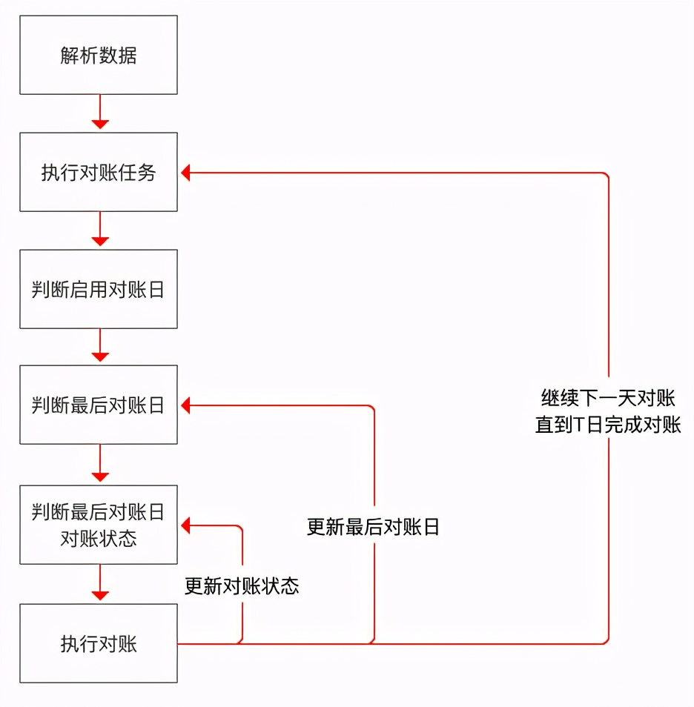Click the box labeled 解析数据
click(x=99, y=56)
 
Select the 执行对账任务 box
click(x=99, y=173)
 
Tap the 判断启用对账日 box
click(x=99, y=289)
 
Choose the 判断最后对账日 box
click(x=99, y=405)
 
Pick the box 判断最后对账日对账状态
click(x=99, y=525)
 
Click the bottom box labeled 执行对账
click(x=99, y=643)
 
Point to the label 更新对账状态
click(x=242, y=585)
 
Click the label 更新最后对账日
click(x=373, y=527)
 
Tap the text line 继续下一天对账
click(x=608, y=399)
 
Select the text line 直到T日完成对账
click(x=608, y=425)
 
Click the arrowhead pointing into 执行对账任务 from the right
click(x=186, y=173)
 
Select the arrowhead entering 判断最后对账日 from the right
click(x=186, y=405)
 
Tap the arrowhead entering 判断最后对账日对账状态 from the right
click(x=186, y=525)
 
